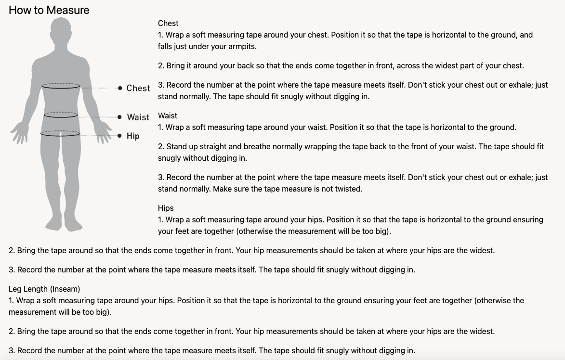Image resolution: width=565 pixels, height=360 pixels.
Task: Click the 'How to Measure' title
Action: [49, 10]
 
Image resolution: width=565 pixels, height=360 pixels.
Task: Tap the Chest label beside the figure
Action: [138, 88]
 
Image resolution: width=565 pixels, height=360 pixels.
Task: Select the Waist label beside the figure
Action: [138, 117]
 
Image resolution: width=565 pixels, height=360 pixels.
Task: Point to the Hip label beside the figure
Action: [133, 136]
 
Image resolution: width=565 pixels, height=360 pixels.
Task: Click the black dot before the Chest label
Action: [119, 88]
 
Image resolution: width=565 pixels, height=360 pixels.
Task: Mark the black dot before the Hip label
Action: [119, 136]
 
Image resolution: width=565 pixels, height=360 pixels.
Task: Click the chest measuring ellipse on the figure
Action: [61, 86]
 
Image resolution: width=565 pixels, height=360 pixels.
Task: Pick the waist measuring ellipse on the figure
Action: [61, 115]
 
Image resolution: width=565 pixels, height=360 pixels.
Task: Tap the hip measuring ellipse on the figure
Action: [61, 133]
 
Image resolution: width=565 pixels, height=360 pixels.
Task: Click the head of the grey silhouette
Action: [61, 32]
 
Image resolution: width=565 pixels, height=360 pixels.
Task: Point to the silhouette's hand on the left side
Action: [20, 132]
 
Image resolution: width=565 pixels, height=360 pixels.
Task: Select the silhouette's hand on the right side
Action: [103, 132]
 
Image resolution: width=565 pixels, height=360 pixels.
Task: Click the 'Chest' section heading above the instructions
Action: [168, 23]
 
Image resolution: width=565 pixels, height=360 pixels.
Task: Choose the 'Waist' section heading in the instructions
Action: [168, 116]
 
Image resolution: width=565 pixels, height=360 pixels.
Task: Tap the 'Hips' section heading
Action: [166, 208]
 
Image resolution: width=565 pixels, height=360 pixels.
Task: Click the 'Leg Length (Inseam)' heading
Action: [44, 289]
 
